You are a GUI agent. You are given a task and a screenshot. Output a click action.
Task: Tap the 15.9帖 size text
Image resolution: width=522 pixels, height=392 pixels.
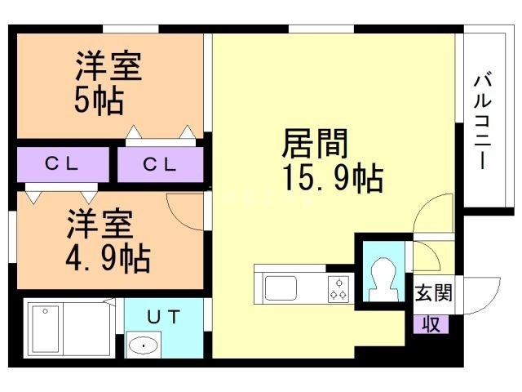(333, 177)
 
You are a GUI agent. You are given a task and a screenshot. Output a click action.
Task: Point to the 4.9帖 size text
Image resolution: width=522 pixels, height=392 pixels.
(108, 260)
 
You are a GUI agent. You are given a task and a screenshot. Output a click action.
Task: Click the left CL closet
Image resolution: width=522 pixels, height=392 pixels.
(61, 164)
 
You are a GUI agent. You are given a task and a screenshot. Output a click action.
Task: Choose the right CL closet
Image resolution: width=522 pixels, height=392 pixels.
(160, 164)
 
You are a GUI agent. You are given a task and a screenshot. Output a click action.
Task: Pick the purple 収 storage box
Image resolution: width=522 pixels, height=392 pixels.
(431, 323)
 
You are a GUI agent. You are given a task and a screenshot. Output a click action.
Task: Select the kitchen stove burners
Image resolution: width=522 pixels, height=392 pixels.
(338, 288)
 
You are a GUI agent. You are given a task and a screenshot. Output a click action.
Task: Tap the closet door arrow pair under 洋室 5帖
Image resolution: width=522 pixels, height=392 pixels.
(162, 132)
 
